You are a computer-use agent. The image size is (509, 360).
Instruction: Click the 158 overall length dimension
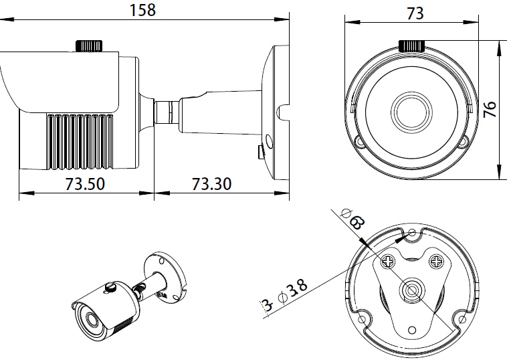[143, 10]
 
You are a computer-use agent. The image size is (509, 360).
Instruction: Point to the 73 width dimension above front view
[415, 13]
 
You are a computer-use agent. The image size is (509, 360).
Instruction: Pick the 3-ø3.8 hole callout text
[284, 296]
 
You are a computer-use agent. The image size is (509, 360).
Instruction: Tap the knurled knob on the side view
[89, 46]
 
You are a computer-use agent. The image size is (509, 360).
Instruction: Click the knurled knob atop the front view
[412, 46]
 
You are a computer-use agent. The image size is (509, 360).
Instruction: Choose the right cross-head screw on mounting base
[437, 259]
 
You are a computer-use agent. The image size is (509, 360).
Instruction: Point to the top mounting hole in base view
[413, 233]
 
